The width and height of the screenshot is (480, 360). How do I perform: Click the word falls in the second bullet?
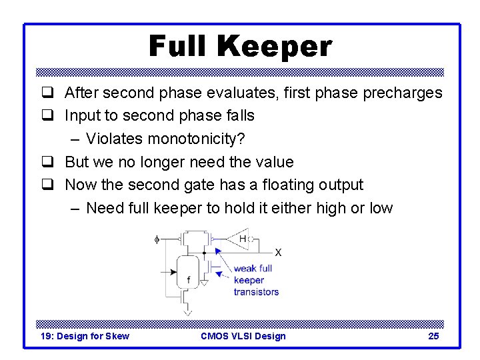(x=239, y=116)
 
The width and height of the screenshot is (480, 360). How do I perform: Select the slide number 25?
(x=433, y=336)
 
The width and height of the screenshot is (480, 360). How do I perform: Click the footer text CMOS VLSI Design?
(x=243, y=336)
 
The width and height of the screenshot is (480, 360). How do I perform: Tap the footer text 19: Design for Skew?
(x=85, y=336)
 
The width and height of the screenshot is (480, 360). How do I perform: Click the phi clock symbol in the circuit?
(x=157, y=239)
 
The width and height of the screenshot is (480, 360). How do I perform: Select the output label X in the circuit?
(x=278, y=253)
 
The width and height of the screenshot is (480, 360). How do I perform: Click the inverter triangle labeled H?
(x=238, y=238)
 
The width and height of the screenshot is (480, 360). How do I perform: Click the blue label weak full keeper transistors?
(x=255, y=280)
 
